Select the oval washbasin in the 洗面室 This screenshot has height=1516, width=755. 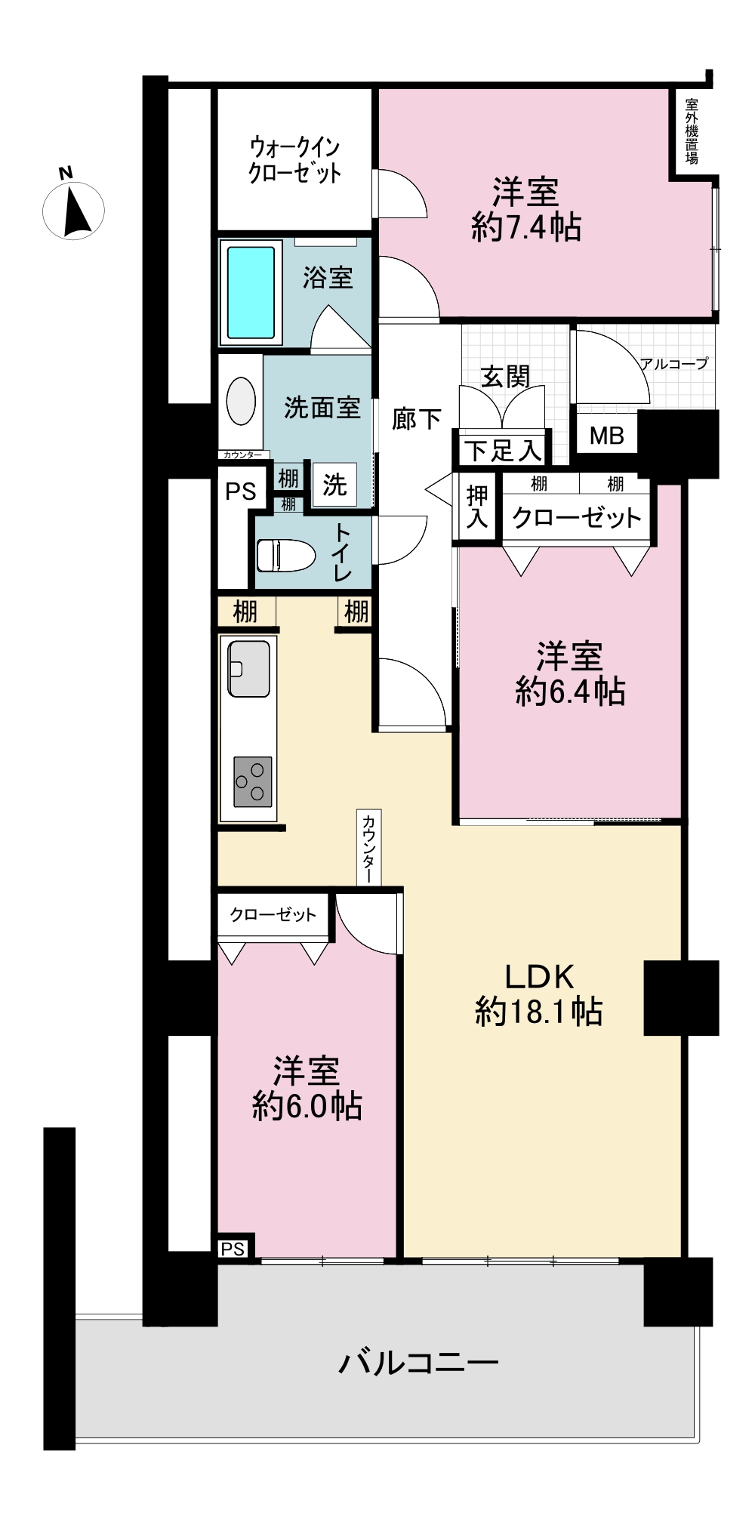point(241,401)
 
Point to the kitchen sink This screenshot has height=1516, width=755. point(248,669)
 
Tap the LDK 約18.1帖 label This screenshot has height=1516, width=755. point(539,994)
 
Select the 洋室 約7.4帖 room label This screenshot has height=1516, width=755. point(525,209)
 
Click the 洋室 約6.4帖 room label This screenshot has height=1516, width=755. point(570,673)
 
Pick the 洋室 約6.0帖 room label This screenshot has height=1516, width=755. point(307,1089)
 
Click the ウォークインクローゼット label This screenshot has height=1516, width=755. point(295,159)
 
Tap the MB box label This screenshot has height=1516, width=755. point(607,436)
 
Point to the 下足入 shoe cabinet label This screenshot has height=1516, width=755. point(503,451)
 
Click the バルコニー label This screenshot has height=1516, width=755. point(419,1363)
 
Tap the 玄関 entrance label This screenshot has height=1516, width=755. point(506,376)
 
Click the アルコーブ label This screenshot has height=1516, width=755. point(674,364)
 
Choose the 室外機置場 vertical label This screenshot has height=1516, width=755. point(692,131)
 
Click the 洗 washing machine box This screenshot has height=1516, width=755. point(334,485)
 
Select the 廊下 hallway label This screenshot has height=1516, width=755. point(417,420)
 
